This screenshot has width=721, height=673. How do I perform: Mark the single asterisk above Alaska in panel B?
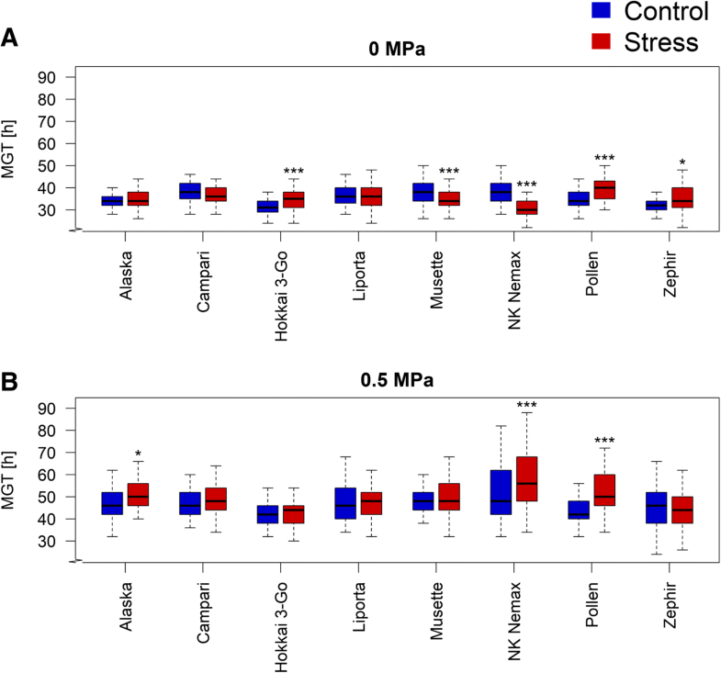[138, 454]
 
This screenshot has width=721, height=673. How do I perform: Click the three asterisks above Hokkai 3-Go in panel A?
[294, 172]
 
